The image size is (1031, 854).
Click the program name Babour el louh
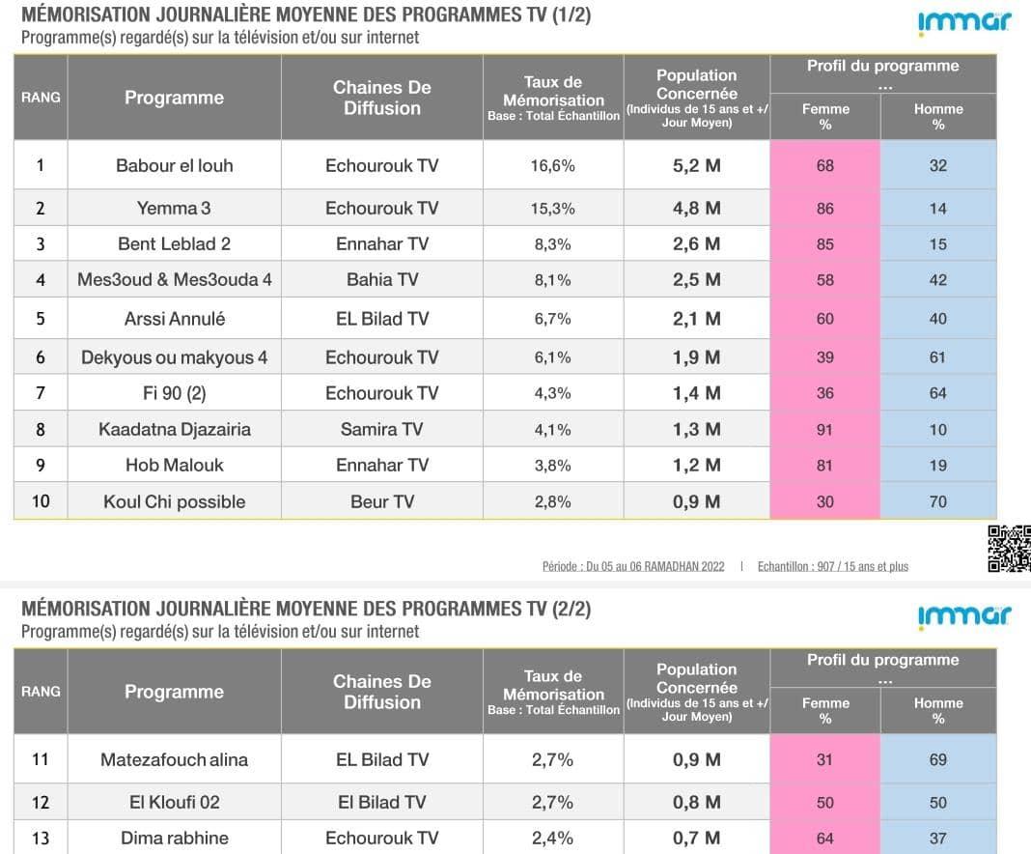point(174,165)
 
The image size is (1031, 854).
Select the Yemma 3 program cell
point(174,208)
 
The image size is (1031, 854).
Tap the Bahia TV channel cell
point(382,279)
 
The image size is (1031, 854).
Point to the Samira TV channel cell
point(382,429)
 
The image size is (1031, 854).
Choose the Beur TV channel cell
point(382,501)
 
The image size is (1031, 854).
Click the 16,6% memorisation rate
point(552,165)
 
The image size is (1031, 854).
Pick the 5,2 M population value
point(696,165)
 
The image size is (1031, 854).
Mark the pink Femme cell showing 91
point(824,430)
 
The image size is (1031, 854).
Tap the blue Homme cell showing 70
point(937,501)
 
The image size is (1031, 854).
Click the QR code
point(1009,548)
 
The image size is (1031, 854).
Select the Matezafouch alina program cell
point(174,759)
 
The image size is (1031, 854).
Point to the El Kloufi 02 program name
point(174,802)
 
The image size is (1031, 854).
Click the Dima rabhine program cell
point(174,838)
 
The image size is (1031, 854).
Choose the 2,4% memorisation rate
point(552,838)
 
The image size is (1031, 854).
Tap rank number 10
point(40,501)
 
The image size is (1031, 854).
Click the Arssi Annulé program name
point(174,319)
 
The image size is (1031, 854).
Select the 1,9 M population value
point(696,357)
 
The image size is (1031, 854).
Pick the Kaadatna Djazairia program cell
point(174,429)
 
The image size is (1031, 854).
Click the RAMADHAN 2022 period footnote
point(632,566)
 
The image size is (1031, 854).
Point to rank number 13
point(40,838)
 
